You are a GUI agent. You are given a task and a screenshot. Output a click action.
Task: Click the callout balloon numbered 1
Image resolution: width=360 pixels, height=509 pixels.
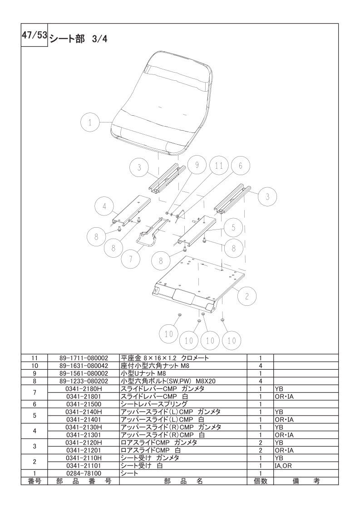[x=91, y=122]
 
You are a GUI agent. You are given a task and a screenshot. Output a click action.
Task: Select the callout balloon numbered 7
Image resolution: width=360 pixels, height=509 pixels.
[x=130, y=259]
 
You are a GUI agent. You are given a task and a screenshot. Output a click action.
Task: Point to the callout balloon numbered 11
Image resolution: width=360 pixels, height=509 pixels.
[x=218, y=166]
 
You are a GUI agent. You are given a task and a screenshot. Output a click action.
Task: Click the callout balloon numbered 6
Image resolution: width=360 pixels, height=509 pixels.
[x=240, y=166]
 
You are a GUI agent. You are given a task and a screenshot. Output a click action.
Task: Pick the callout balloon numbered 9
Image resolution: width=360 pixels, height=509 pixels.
[x=196, y=166]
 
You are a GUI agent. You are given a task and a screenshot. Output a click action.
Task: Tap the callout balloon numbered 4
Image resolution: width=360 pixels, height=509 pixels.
[x=104, y=206]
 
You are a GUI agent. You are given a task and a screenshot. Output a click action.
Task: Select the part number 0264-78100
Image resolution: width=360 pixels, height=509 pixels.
[x=84, y=473]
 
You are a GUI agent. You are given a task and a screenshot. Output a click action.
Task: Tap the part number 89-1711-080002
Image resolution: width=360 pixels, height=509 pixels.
[x=84, y=358]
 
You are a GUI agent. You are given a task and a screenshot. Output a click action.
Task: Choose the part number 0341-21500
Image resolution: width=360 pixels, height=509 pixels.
[x=84, y=404]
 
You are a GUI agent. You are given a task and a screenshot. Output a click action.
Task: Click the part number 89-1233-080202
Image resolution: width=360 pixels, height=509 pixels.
[x=84, y=381]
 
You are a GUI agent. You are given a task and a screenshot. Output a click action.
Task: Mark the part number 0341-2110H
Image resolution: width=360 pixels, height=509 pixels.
[x=84, y=458]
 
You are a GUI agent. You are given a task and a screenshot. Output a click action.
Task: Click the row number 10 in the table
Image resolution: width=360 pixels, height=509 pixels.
[x=35, y=366]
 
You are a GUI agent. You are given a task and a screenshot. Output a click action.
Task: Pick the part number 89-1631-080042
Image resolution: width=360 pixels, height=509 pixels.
[x=84, y=366]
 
